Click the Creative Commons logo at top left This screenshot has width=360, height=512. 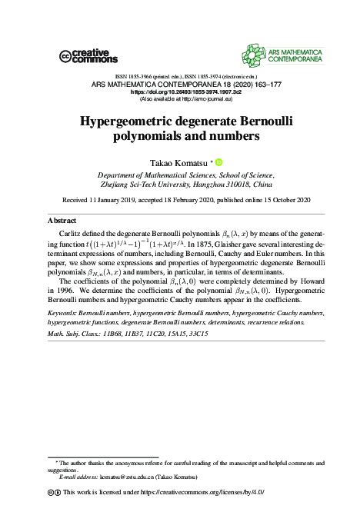(88, 55)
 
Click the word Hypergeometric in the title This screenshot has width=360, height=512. (134, 122)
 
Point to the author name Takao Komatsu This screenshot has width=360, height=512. (178, 163)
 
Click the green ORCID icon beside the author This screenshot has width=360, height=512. (218, 162)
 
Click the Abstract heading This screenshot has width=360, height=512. (62, 220)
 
